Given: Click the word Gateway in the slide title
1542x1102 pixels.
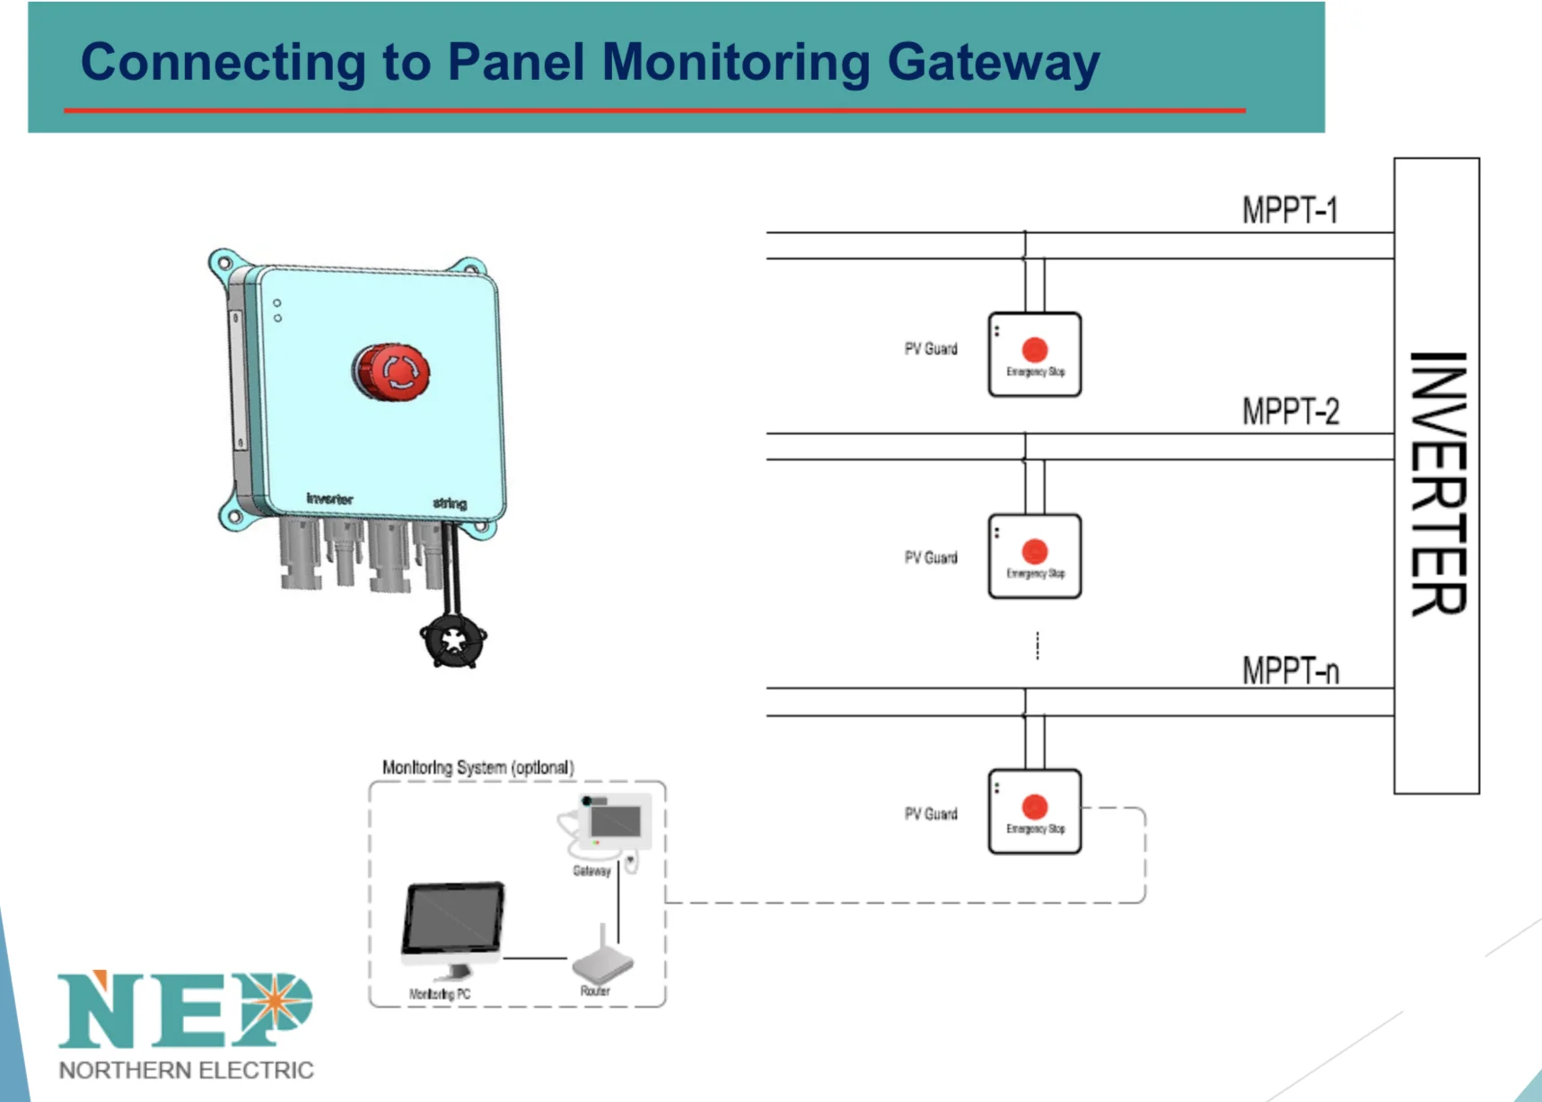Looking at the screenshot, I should click(x=993, y=63).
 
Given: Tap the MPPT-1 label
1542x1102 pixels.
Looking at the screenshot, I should click(x=1290, y=210).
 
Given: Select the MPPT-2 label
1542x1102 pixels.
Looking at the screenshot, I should click(x=1290, y=412).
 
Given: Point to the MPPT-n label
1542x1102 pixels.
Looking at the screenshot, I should click(x=1290, y=670).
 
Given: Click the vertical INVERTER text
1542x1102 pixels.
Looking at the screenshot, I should click(x=1437, y=483).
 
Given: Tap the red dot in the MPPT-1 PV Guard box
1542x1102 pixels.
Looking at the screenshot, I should click(x=1034, y=349).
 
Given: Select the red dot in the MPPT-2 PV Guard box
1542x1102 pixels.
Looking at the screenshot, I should click(x=1034, y=551).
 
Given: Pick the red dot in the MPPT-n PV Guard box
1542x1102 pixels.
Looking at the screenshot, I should click(x=1034, y=807).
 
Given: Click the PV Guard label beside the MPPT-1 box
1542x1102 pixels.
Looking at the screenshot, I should click(x=931, y=349).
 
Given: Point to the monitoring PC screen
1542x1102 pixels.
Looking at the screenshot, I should click(x=453, y=919).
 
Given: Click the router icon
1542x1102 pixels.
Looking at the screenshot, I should click(x=602, y=964).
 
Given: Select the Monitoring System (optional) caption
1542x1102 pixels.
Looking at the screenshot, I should click(x=477, y=767).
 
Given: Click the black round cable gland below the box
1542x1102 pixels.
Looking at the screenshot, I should click(x=453, y=641).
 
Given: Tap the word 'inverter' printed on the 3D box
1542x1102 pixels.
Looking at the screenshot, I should click(x=329, y=498).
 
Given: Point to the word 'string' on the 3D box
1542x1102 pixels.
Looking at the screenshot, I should click(x=450, y=503).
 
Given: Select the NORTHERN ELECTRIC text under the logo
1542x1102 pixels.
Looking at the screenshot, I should click(x=186, y=1071).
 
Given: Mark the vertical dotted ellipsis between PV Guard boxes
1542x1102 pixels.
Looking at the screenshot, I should click(x=1038, y=644).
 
